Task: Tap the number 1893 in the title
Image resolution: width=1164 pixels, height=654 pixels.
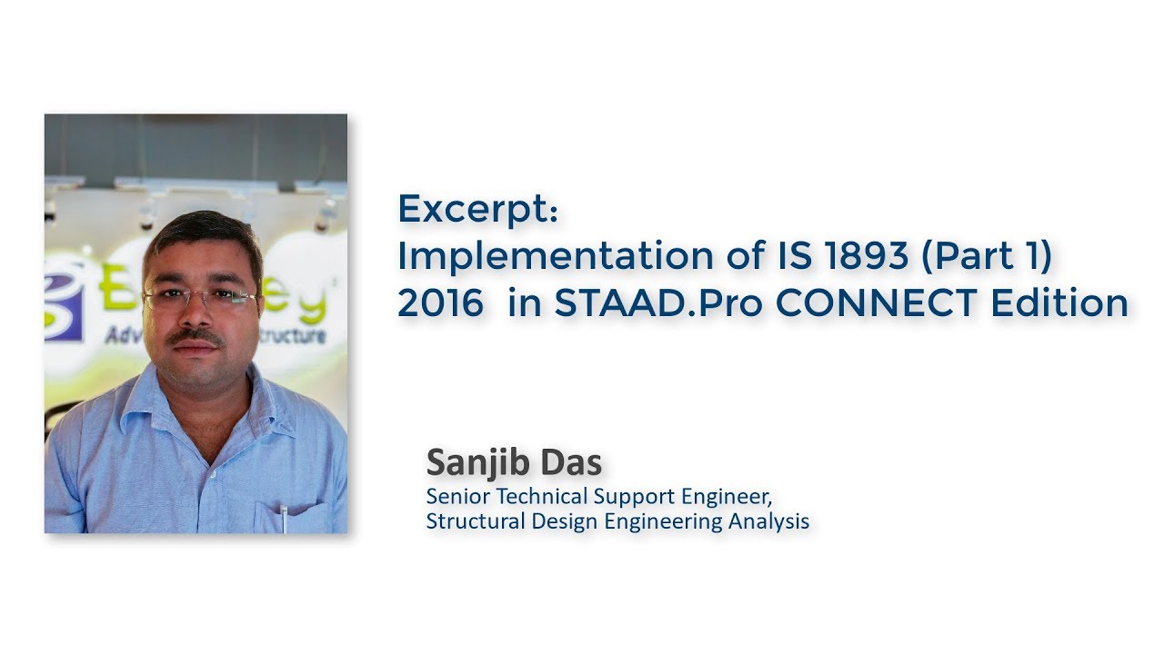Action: (863, 257)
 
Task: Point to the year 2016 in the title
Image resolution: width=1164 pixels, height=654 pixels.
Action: (440, 303)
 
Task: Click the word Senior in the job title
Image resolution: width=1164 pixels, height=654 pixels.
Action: (452, 497)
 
